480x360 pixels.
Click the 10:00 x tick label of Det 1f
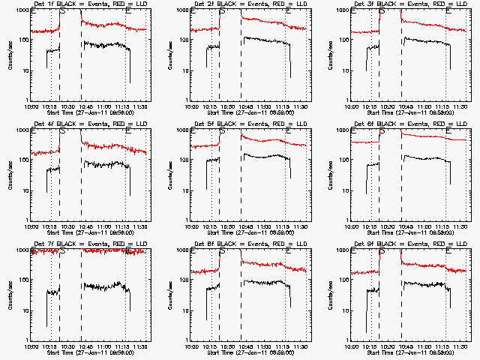31,106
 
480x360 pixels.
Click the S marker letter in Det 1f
62,11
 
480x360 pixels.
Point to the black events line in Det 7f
97,286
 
